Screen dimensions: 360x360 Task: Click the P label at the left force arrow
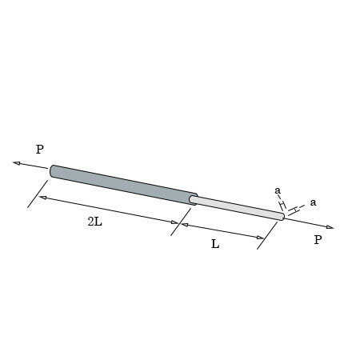[x=39, y=150]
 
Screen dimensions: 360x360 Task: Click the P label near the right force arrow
[x=318, y=239]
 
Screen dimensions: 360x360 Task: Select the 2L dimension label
[x=94, y=221]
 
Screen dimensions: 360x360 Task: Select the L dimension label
[x=215, y=244]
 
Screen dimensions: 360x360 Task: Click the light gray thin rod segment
[x=236, y=207]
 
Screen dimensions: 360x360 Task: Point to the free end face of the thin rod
[x=282, y=216]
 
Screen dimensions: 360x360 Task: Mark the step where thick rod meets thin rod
[x=193, y=198]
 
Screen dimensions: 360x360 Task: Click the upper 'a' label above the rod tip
[x=278, y=190]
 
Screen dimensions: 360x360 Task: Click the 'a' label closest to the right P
[x=313, y=202]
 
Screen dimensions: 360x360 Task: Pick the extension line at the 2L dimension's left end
[x=37, y=194]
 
